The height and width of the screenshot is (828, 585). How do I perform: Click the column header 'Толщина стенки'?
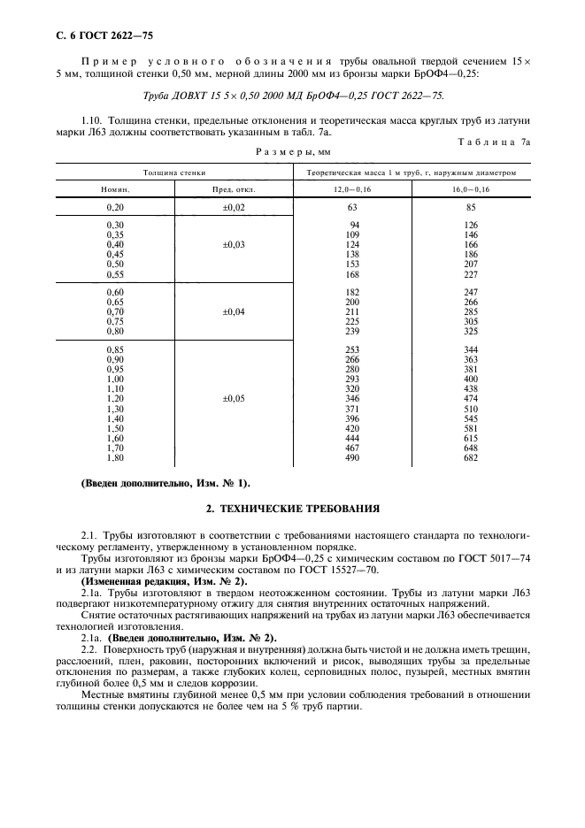[174, 172]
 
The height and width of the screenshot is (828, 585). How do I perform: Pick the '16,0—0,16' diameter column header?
[471, 190]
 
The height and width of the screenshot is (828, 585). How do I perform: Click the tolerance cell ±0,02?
[233, 207]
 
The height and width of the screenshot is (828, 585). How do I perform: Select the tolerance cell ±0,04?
[233, 311]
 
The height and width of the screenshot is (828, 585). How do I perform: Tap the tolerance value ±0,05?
[233, 399]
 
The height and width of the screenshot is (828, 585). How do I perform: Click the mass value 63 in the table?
[354, 207]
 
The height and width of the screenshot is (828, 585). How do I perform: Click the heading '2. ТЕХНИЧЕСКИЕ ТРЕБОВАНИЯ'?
[292, 509]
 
